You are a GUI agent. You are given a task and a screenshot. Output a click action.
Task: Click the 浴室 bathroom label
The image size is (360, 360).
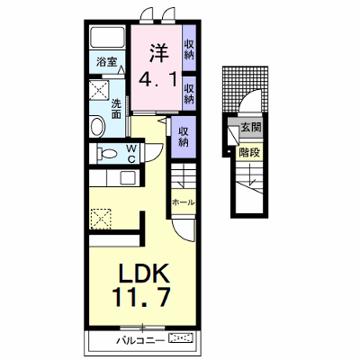106,62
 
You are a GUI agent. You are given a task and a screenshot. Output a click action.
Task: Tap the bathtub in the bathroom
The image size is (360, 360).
107,38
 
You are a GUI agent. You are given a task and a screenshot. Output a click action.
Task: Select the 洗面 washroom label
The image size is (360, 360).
116,109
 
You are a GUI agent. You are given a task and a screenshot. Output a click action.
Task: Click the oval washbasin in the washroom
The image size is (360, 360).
97,126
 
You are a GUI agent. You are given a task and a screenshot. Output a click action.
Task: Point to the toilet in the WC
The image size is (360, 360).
106,154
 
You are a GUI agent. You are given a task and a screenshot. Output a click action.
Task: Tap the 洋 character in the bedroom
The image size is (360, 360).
158,53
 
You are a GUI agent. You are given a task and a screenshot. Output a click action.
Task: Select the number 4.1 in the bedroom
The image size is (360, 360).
158,78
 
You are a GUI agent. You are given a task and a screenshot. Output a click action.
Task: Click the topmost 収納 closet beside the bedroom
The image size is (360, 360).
189,49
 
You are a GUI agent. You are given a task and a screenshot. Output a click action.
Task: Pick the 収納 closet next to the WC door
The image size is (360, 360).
184,137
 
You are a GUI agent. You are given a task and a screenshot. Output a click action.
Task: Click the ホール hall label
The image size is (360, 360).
184,202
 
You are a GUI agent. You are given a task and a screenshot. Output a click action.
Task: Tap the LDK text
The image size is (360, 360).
144,274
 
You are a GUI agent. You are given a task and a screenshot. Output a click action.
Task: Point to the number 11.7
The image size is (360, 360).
141,297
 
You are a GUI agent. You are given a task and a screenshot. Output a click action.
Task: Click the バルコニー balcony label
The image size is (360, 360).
140,340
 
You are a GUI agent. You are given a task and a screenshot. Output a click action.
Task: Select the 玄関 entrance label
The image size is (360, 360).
251,128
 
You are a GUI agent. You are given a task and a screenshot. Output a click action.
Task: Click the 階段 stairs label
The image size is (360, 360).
249,153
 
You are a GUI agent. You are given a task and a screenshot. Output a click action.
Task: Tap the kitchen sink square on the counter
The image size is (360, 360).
128,178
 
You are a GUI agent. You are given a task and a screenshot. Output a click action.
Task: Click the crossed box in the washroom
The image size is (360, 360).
99,90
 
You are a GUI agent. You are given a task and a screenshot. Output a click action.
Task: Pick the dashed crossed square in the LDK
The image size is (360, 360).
101,219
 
